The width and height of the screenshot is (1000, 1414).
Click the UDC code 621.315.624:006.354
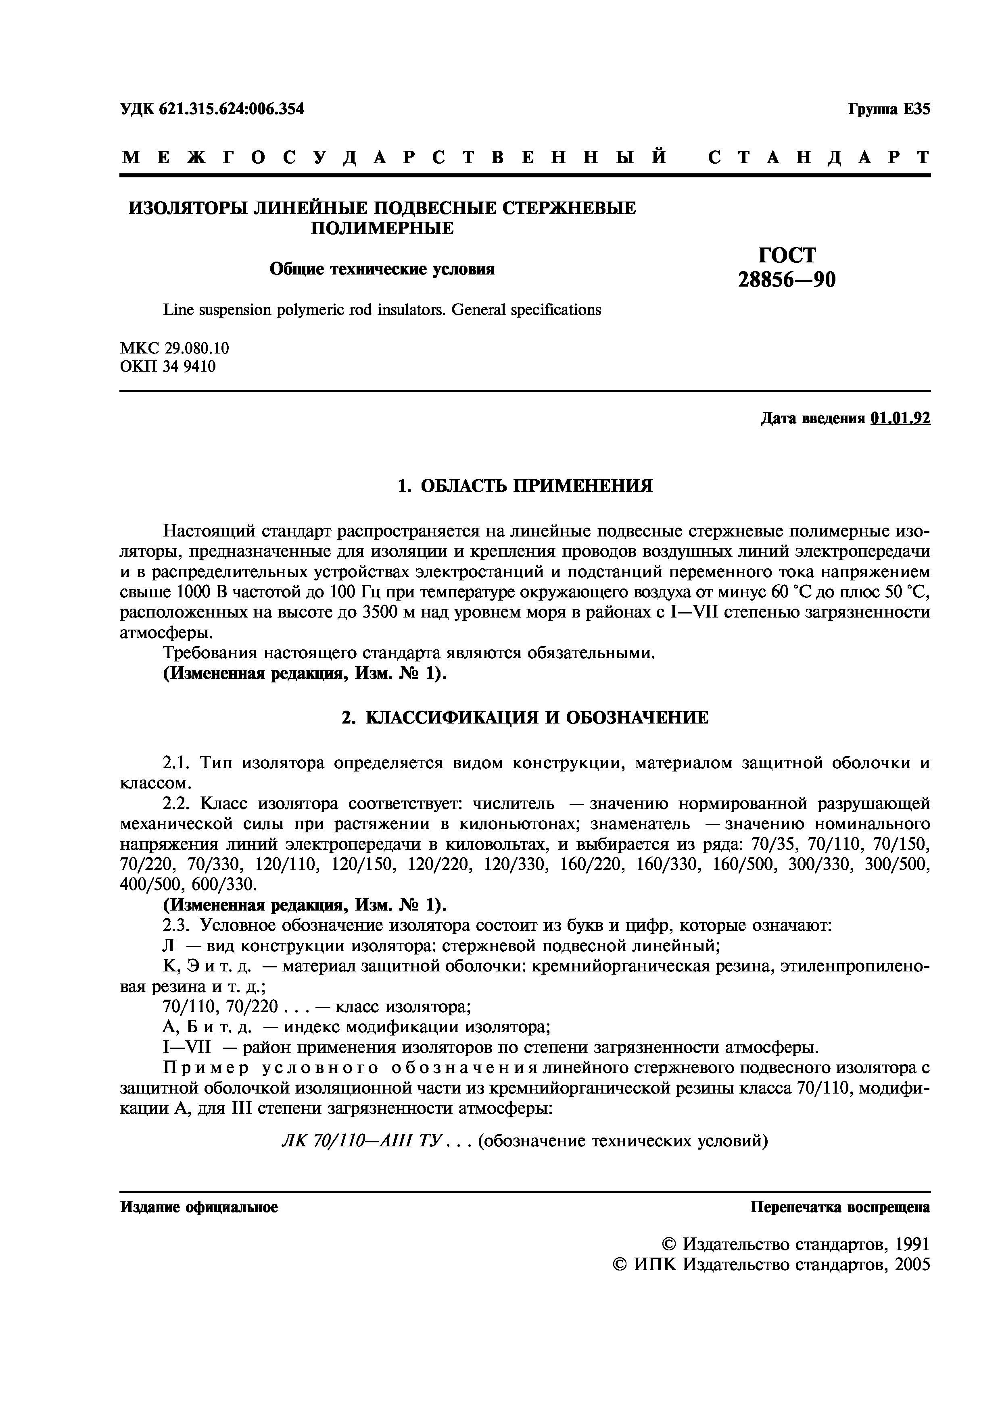click(x=232, y=109)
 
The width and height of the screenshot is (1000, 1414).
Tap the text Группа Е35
click(x=889, y=109)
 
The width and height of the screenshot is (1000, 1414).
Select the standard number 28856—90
click(x=787, y=280)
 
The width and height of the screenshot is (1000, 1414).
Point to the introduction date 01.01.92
click(x=900, y=419)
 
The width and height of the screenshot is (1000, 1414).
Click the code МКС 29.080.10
click(x=174, y=349)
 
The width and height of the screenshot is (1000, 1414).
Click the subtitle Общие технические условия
click(x=382, y=270)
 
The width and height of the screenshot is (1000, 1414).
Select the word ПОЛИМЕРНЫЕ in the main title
click(x=381, y=229)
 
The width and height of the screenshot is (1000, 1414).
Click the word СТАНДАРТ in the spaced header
click(x=819, y=158)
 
